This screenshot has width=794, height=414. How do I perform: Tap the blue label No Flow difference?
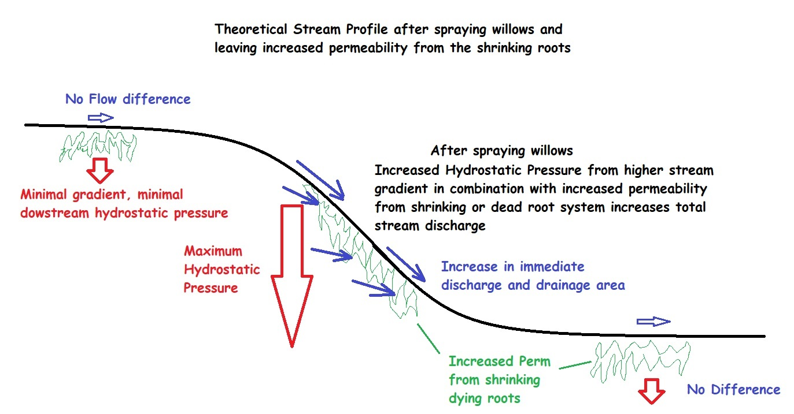click(128, 99)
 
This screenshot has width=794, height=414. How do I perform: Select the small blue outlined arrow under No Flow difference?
click(101, 118)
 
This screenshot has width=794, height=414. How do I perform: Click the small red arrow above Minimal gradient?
click(100, 170)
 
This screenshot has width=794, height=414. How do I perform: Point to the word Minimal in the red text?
click(43, 194)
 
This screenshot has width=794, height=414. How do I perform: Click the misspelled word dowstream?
click(54, 213)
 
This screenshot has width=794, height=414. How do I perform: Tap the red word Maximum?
click(213, 251)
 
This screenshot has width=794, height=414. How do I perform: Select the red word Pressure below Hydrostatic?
click(210, 288)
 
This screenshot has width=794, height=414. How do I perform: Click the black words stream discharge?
click(430, 226)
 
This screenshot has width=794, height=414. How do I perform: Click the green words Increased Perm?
click(500, 361)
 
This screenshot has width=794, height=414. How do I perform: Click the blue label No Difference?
click(733, 390)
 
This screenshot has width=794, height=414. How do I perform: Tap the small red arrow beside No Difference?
click(652, 391)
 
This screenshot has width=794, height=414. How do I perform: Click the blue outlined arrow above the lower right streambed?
click(653, 322)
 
